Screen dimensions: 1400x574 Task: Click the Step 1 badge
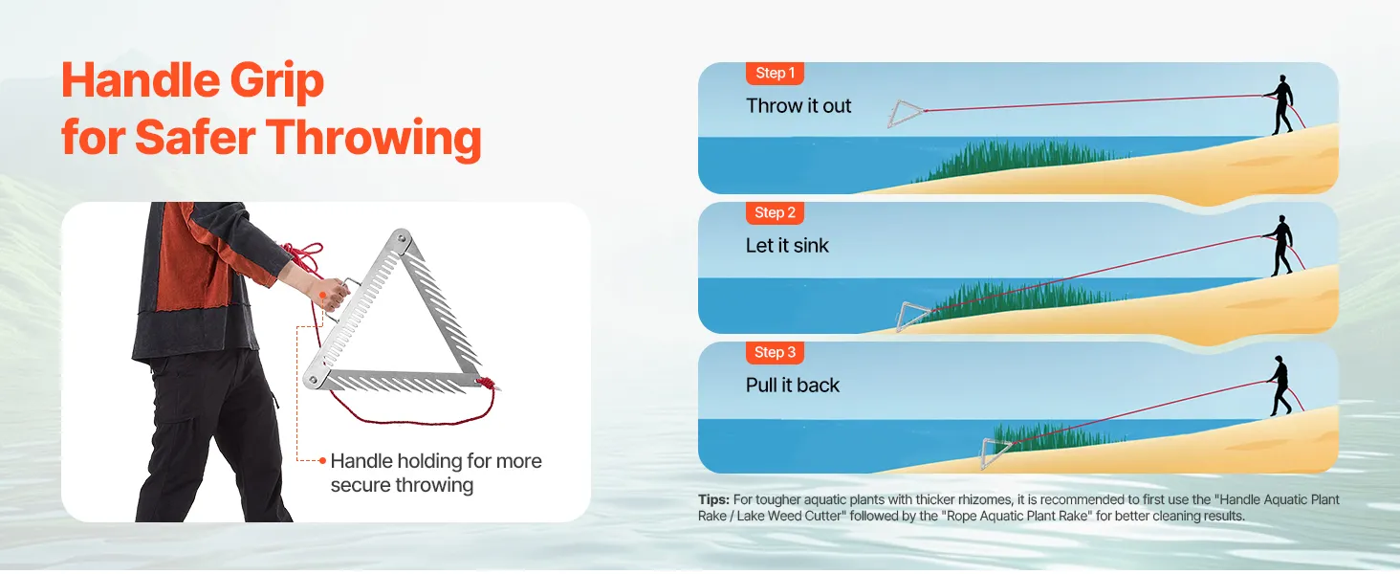pyautogui.click(x=775, y=73)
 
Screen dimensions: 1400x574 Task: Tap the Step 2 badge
pyautogui.click(x=775, y=212)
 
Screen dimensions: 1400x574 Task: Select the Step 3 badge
pyautogui.click(x=775, y=352)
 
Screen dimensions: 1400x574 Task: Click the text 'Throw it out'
pyautogui.click(x=798, y=105)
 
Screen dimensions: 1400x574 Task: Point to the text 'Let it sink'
pyautogui.click(x=787, y=245)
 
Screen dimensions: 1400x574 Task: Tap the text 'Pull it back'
pyautogui.click(x=793, y=386)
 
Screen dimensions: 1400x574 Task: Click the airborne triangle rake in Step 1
pyautogui.click(x=905, y=113)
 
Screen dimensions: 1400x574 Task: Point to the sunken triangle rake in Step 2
pyautogui.click(x=912, y=317)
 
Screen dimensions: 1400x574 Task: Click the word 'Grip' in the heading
pyautogui.click(x=277, y=82)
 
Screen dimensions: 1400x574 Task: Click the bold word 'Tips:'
pyautogui.click(x=713, y=499)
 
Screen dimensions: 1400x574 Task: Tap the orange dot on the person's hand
pyautogui.click(x=322, y=296)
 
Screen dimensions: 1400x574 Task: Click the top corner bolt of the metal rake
pyautogui.click(x=402, y=238)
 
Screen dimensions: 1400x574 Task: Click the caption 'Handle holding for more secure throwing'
pyautogui.click(x=436, y=473)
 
